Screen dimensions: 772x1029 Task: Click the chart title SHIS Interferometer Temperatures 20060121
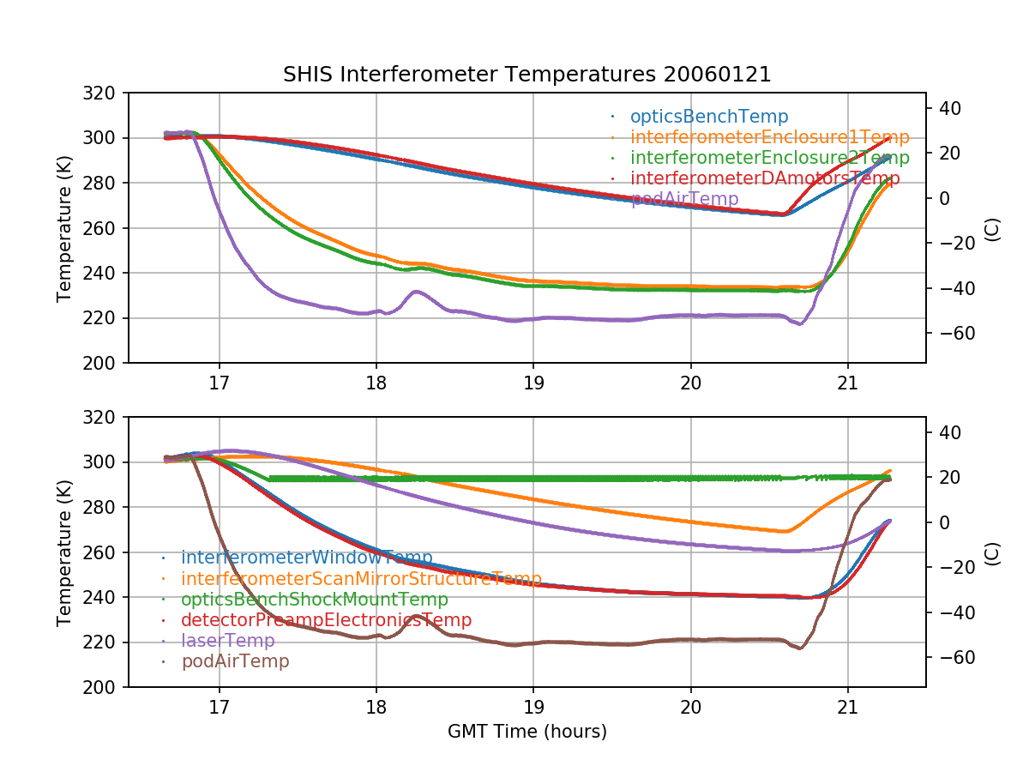pos(527,75)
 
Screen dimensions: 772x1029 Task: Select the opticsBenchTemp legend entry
pos(708,117)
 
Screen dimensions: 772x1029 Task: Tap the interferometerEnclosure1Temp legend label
pos(769,137)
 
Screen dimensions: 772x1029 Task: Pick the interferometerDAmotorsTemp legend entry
pos(765,178)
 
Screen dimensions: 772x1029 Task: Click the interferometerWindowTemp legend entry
pos(306,558)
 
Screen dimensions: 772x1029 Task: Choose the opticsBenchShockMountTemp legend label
pos(314,600)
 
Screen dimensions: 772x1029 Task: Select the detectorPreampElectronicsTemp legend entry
pos(326,620)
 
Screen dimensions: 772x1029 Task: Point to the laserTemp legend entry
pos(227,641)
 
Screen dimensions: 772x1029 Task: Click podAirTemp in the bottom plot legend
pos(235,661)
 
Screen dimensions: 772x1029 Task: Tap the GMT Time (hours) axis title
pos(527,732)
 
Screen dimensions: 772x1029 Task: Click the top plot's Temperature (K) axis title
pos(64,228)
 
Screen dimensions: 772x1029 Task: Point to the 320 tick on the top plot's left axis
pos(105,93)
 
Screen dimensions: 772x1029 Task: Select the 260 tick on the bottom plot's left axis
pos(105,552)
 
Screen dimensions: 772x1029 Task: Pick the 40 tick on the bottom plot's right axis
pos(946,432)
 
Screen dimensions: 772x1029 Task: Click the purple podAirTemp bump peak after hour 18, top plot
pos(417,292)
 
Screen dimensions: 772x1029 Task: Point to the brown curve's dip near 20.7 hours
pos(800,648)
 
